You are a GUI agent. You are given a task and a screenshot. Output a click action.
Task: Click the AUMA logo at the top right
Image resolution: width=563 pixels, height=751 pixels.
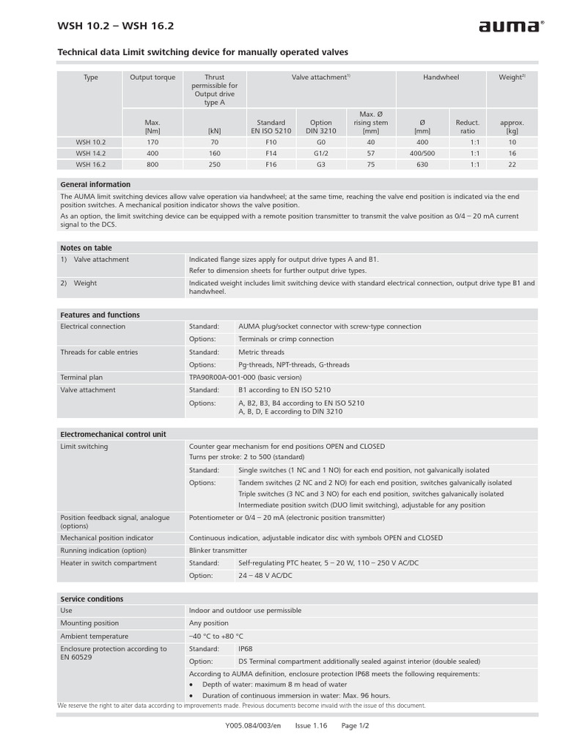pyautogui.click(x=511, y=27)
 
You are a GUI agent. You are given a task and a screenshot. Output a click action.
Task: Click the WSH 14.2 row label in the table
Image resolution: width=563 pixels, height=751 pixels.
pyautogui.click(x=90, y=153)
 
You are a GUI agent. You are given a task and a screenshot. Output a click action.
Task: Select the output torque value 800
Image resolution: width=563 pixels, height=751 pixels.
pyautogui.click(x=152, y=165)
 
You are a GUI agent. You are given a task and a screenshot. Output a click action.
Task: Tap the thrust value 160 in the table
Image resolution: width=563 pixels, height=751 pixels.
pyautogui.click(x=214, y=153)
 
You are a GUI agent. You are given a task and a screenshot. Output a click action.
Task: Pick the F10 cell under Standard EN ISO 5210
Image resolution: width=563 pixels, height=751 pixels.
pyautogui.click(x=271, y=142)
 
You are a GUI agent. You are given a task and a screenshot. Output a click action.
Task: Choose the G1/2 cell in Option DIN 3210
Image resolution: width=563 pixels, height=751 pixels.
pyautogui.click(x=321, y=153)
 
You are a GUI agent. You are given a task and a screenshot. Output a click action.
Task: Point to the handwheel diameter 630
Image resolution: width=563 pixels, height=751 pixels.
pyautogui.click(x=422, y=165)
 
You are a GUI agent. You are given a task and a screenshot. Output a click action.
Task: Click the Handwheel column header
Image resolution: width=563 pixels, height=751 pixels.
pyautogui.click(x=441, y=77)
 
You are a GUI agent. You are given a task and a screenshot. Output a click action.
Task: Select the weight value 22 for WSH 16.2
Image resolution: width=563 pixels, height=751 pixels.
pyautogui.click(x=512, y=165)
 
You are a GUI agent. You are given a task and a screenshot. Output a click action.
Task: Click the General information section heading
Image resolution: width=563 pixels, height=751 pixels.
pyautogui.click(x=95, y=185)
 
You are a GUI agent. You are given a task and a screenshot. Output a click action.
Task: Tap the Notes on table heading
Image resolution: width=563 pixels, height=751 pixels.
pyautogui.click(x=86, y=248)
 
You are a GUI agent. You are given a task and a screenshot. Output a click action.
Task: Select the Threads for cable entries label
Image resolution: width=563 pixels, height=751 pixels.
pyautogui.click(x=99, y=352)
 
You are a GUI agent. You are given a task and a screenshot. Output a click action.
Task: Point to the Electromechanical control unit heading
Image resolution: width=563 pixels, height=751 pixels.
pyautogui.click(x=113, y=434)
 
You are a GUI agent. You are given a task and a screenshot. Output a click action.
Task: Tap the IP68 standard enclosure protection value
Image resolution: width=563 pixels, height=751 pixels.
pyautogui.click(x=246, y=649)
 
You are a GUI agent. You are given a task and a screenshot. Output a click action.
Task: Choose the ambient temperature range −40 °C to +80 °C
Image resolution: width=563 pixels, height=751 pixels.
pyautogui.click(x=216, y=636)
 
